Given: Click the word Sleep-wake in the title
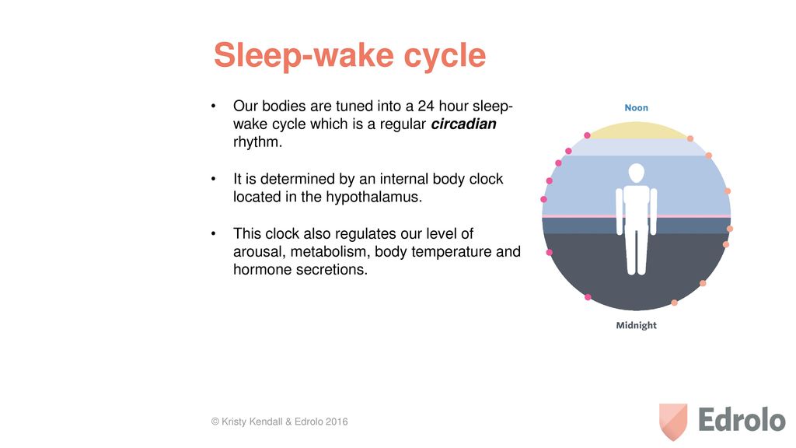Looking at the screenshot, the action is tap(304, 55).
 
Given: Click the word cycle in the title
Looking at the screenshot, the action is tap(445, 56).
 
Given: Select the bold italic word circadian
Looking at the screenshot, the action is tap(463, 124).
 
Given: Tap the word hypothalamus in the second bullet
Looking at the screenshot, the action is tap(372, 197).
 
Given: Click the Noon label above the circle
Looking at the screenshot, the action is tap(636, 107).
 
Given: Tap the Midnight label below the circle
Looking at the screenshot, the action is tap(636, 325).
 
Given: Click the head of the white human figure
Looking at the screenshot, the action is tap(637, 173).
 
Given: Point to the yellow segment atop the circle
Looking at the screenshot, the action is tap(639, 131).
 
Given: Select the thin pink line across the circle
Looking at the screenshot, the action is tap(636, 216).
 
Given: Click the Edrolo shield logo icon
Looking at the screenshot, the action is tap(673, 422).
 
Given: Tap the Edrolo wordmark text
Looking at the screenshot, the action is tap(742, 420).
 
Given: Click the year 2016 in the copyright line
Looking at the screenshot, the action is tap(337, 422).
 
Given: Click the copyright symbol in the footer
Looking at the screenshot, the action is tap(215, 422).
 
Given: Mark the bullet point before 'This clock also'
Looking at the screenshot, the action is tap(213, 233).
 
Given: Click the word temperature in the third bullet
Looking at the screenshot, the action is tap(444, 252).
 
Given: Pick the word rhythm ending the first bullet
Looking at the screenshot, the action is tap(257, 142).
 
